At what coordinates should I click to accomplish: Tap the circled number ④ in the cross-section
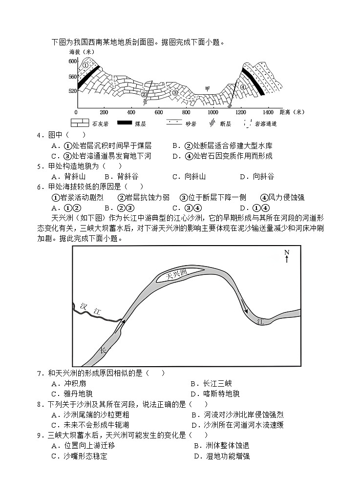click(243, 87)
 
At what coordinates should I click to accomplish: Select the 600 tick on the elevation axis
click(72, 61)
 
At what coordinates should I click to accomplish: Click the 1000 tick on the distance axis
click(213, 112)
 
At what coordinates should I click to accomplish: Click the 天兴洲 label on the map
click(177, 275)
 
